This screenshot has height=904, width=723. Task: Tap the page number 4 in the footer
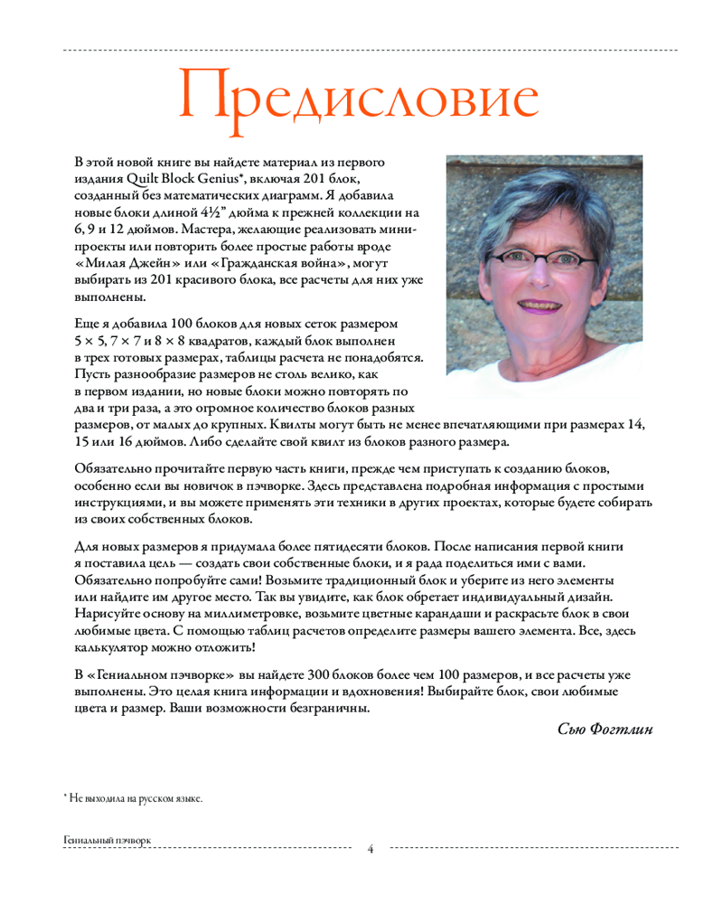pos(371,849)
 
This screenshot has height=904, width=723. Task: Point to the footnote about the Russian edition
pos(133,798)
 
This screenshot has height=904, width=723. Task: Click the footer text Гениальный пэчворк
pos(107,840)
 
